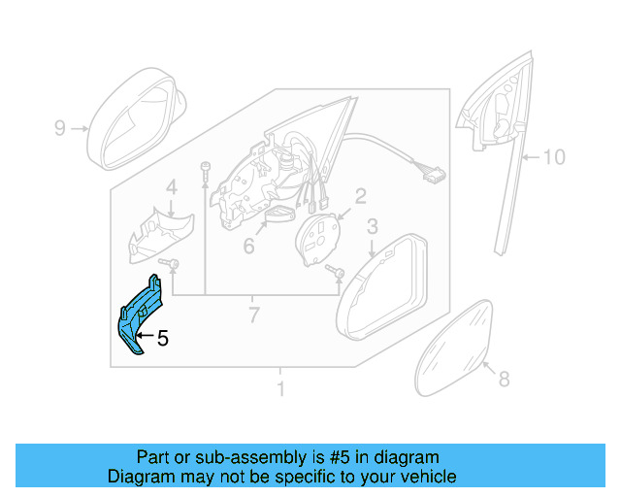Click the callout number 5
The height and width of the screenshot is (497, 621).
(x=163, y=339)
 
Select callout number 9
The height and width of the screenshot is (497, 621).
(x=59, y=128)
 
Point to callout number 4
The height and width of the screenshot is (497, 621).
(x=171, y=188)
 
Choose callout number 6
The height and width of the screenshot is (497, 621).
(x=248, y=247)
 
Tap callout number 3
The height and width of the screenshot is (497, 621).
(x=372, y=227)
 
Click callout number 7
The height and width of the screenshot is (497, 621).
(x=253, y=315)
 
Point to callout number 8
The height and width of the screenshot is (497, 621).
(x=503, y=380)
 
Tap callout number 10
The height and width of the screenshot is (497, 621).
(x=552, y=156)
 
